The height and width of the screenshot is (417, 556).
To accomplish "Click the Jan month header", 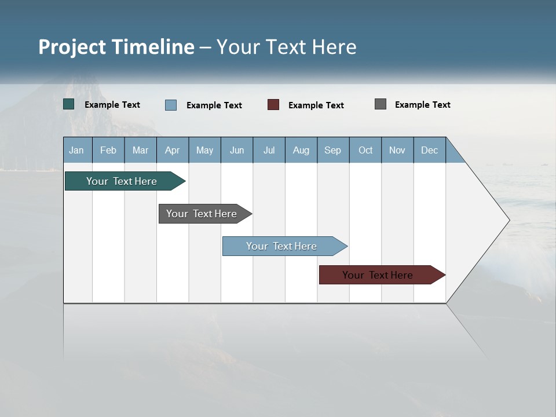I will tap(77, 150).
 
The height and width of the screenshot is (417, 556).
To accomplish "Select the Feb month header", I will tap(108, 150).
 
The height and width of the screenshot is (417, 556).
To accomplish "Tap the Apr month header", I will tap(173, 150).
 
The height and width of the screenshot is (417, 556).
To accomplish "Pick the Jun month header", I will tap(237, 150).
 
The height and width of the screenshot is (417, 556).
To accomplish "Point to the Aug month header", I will tap(301, 150).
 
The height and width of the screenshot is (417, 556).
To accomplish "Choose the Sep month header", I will tap(333, 150).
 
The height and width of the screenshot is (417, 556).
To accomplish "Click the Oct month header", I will tap(365, 150).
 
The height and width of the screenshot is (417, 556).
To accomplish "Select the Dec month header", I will tap(430, 150).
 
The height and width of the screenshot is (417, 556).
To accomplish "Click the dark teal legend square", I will tap(69, 104).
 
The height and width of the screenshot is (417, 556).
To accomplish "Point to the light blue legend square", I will tap(171, 105).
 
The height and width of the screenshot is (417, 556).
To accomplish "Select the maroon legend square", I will tap(273, 105).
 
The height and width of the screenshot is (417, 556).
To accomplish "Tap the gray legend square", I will tap(381, 104).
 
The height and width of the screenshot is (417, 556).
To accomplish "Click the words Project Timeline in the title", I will tap(116, 47).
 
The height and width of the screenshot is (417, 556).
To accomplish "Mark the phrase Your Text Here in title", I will tap(286, 47).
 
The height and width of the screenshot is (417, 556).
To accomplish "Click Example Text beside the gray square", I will tap(422, 105).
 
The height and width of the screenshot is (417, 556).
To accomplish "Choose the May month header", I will tap(204, 150).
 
